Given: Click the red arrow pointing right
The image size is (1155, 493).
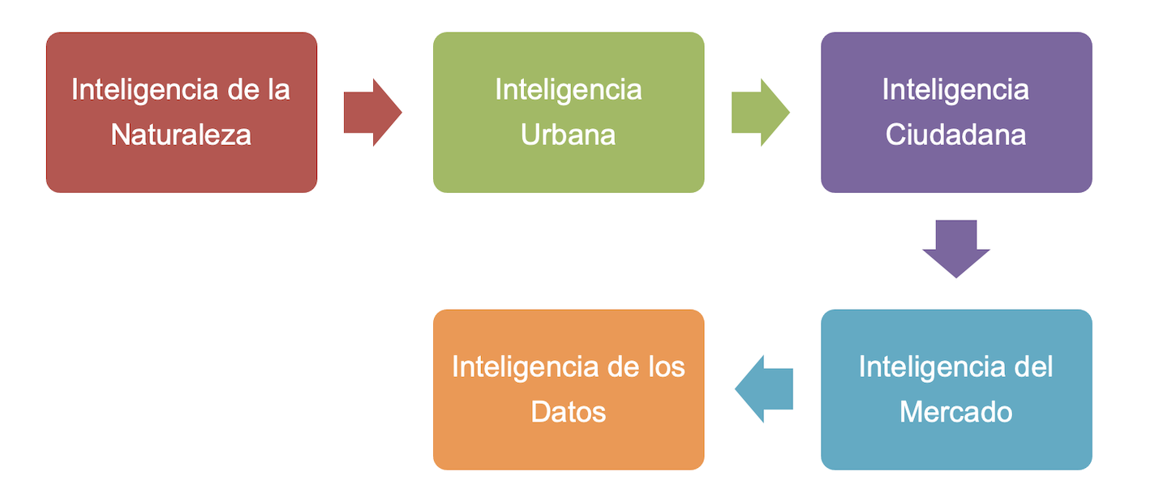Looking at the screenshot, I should click(372, 113).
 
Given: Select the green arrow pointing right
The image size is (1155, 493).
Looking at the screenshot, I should click(760, 113).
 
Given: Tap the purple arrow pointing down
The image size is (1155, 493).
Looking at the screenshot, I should click(955, 248).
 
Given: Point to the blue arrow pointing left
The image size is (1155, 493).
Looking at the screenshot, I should click(763, 389).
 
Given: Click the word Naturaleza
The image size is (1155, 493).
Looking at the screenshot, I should click(181, 135).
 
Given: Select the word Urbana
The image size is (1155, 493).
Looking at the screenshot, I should click(568, 135).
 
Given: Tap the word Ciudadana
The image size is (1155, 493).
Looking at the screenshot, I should click(955, 135).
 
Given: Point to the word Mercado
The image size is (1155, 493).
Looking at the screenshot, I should click(955, 412).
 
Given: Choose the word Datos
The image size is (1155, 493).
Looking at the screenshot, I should click(568, 412).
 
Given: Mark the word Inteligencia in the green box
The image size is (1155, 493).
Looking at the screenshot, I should click(568, 90).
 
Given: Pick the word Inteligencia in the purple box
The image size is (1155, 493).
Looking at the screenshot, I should click(955, 90).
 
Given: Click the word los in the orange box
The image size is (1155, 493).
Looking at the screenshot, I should click(667, 367).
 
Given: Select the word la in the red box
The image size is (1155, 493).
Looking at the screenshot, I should click(278, 90).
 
